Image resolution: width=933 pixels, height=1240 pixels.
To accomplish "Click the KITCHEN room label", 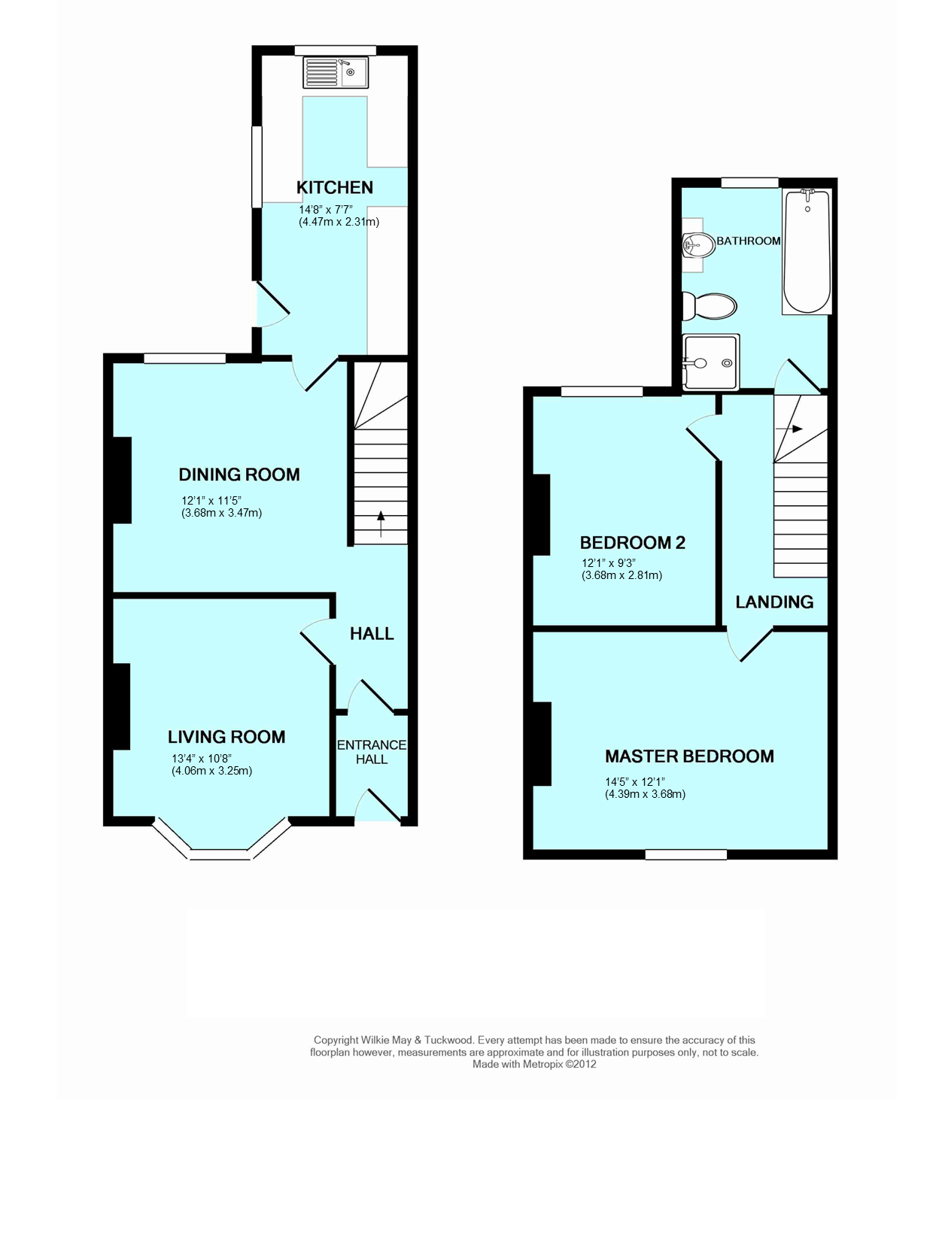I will click(334, 187).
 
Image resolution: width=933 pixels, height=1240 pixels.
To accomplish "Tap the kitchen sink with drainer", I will click(335, 73).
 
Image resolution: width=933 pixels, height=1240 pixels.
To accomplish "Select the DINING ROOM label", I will click(239, 474).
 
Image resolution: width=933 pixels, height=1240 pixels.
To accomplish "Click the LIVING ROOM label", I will click(226, 737).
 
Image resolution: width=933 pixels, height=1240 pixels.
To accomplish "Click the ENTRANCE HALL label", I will click(371, 752).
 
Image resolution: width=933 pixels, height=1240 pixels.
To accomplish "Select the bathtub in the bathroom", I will click(807, 252).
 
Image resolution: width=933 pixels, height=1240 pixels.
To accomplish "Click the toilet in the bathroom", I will click(710, 306).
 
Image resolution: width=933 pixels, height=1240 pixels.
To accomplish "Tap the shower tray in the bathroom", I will click(711, 362).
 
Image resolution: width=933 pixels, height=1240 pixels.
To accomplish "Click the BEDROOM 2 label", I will click(632, 542).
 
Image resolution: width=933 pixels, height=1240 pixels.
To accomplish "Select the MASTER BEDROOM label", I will click(689, 756).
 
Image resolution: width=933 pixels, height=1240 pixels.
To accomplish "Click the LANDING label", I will click(773, 602).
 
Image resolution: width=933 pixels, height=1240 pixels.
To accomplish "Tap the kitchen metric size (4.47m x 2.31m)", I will click(339, 222).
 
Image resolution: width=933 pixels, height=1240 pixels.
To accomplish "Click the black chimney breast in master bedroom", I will click(542, 743).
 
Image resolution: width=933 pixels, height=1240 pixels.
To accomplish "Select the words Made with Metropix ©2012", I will click(533, 1064).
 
